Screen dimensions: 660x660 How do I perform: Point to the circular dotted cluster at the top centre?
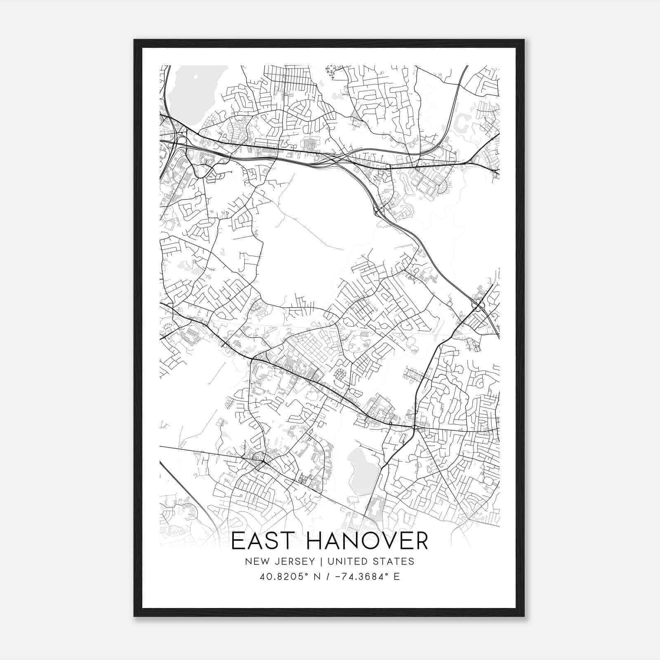coord(331,72)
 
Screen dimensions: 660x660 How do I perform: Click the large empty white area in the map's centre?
coord(313,239)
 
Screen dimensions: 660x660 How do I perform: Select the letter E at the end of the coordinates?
coord(397,577)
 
